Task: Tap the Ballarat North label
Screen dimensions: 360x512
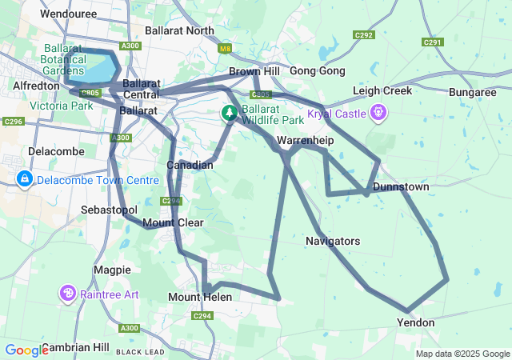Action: click(179, 31)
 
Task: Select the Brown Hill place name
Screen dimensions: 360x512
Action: click(255, 71)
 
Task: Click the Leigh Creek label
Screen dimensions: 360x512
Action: click(382, 90)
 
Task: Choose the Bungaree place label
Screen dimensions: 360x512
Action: click(473, 93)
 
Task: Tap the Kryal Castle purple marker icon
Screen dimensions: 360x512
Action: click(378, 113)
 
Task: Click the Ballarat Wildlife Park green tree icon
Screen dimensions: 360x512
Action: click(230, 113)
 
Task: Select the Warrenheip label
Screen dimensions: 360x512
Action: click(304, 141)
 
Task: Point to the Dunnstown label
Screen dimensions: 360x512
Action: click(402, 187)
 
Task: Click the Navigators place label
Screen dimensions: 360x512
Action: click(333, 241)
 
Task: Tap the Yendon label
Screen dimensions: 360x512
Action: click(416, 322)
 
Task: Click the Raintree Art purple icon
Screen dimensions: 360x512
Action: click(69, 294)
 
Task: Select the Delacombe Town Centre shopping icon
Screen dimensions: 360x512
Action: click(25, 180)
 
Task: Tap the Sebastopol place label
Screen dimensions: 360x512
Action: click(110, 210)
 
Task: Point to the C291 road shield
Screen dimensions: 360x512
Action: click(432, 42)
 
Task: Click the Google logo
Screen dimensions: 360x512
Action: click(26, 350)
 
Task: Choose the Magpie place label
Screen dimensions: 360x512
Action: click(111, 270)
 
